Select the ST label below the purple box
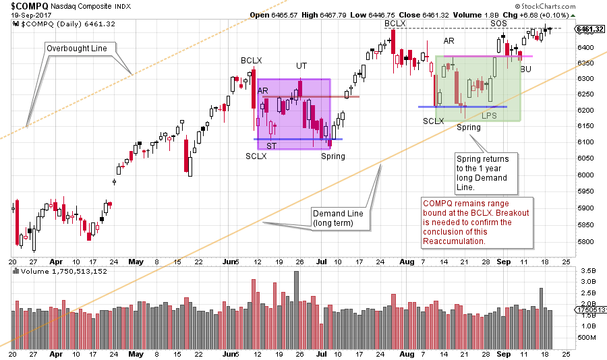coord(270,146)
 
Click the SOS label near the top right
coord(498,24)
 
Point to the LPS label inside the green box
coord(490,115)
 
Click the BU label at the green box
coord(525,69)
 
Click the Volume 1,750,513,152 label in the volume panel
coord(54,272)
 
